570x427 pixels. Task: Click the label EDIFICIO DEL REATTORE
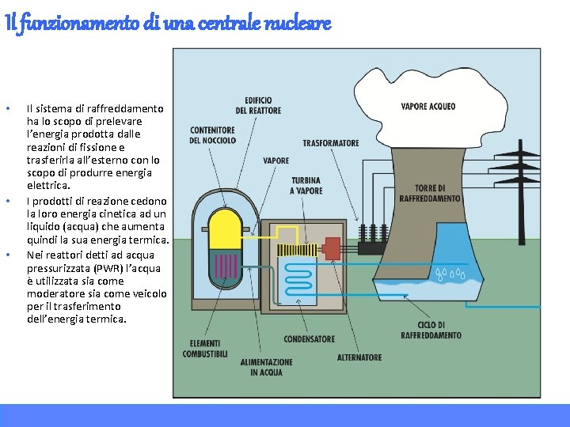pos(263,105)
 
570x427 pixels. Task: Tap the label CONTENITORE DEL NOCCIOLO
pos(212,135)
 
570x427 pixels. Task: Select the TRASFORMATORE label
pos(331,143)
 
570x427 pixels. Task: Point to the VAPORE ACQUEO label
pos(428,106)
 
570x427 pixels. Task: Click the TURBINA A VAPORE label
pos(306,186)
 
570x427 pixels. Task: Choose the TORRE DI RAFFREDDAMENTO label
pos(430,194)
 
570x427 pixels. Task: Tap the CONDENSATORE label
pos(309,339)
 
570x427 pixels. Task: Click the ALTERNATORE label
pos(359,357)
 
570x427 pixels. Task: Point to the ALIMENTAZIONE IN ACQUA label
pos(266,367)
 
